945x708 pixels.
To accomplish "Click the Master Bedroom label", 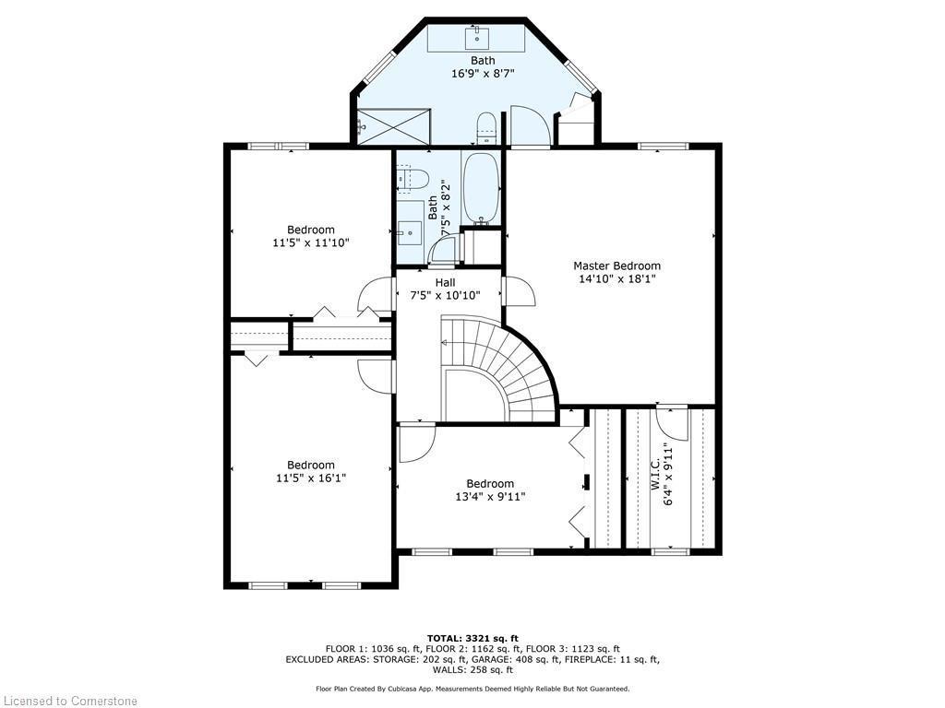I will [616, 265].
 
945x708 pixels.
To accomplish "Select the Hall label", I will [445, 282].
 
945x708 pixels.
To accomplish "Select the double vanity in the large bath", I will [476, 40].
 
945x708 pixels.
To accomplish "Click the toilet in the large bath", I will [486, 128].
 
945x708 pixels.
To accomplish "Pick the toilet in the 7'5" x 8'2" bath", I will [413, 178].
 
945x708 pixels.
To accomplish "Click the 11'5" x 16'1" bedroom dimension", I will [310, 478].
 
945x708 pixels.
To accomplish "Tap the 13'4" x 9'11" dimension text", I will [489, 497].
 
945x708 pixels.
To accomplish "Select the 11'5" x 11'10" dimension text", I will [310, 242].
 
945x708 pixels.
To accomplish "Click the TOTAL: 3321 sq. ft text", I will [472, 638].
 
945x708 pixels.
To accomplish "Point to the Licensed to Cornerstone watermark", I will [69, 701].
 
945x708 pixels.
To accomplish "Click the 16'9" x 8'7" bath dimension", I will [483, 74].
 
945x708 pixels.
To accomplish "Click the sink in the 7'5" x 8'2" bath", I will [410, 230].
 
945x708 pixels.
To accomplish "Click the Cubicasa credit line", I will [472, 689].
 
